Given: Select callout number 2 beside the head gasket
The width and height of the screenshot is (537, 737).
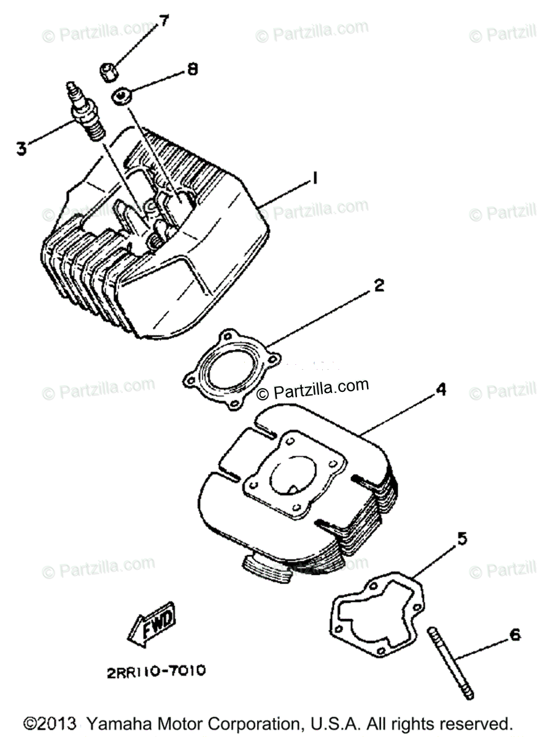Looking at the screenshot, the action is pyautogui.click(x=379, y=286).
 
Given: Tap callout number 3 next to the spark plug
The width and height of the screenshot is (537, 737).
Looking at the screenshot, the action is pyautogui.click(x=21, y=148).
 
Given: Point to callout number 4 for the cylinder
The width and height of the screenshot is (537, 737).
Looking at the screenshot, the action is pyautogui.click(x=440, y=389).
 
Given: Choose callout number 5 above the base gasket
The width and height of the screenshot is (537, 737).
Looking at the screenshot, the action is pyautogui.click(x=461, y=540).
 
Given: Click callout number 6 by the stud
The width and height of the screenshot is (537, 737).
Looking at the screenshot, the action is pyautogui.click(x=514, y=635).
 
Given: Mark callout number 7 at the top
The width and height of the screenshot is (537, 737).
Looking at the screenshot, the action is pyautogui.click(x=164, y=22).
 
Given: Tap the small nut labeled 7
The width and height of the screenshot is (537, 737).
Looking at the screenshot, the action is pyautogui.click(x=109, y=72).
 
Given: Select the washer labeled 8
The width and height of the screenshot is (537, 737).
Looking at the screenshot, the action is pyautogui.click(x=122, y=95).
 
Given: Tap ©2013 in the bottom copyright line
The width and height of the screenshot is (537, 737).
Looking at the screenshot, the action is pyautogui.click(x=49, y=722).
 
